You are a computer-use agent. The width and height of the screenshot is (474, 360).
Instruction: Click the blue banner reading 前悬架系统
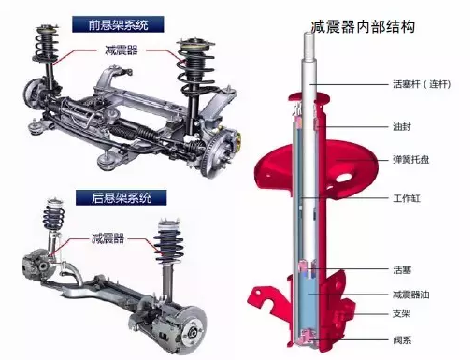point(118,24)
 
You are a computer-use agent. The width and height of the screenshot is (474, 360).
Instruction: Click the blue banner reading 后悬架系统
point(121,197)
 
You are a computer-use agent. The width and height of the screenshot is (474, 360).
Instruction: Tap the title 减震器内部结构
point(363,27)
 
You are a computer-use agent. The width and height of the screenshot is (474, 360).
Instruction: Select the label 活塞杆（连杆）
point(422,84)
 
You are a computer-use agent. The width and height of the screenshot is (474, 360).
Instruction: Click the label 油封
point(402,127)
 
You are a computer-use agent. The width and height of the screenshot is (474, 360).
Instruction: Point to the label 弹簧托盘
point(411,160)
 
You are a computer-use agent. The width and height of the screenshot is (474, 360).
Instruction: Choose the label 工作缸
point(407,198)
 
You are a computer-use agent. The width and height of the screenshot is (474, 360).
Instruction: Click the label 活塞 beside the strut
point(402,269)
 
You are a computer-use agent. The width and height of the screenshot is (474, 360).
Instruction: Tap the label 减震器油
point(411,295)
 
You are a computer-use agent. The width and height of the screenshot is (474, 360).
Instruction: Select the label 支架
point(402,313)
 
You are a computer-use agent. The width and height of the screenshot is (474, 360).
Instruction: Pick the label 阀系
point(402,339)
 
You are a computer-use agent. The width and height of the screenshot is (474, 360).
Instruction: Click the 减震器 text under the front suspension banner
point(121,50)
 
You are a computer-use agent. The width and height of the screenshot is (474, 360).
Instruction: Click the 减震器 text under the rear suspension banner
point(108,238)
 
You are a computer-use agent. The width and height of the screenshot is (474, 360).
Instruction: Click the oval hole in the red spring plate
point(344,179)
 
